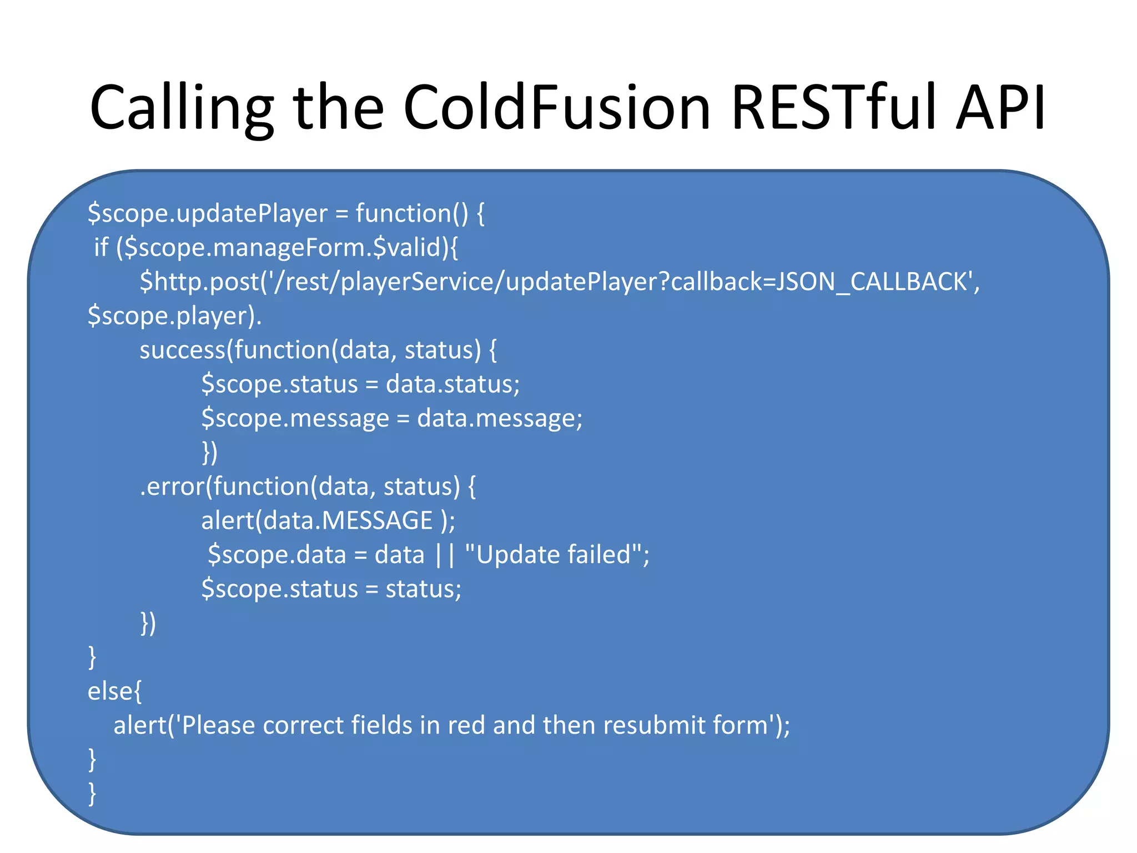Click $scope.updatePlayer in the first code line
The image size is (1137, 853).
point(208,214)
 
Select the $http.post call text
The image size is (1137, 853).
point(200,282)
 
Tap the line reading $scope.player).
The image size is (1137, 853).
point(174,316)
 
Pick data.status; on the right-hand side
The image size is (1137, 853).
point(452,384)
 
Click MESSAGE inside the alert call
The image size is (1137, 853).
point(377,521)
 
